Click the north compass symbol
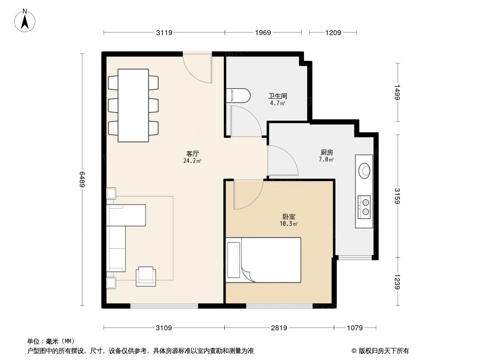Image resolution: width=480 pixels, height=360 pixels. [x=26, y=21]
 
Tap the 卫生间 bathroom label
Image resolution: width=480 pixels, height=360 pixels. [x=277, y=96]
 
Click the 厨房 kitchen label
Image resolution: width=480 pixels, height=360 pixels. [x=326, y=153]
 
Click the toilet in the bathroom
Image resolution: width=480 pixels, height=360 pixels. [x=238, y=96]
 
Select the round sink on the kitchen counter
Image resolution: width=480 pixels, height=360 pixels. [x=364, y=170]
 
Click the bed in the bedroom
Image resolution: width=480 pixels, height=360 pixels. [x=264, y=260]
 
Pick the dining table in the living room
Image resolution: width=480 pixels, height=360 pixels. [x=133, y=105]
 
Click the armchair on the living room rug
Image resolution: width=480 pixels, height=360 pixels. [x=146, y=275]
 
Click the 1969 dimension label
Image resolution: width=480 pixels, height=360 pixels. [x=263, y=32]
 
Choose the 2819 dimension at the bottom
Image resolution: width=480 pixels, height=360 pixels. [x=279, y=328]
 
